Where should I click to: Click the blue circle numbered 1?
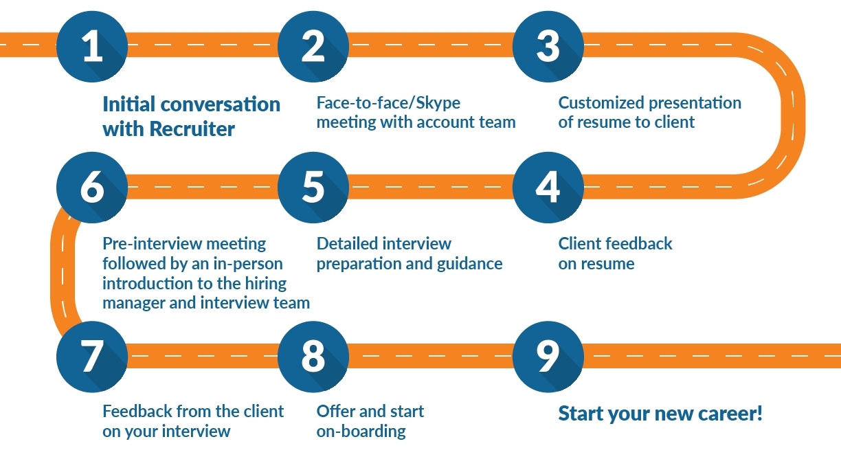[x=91, y=47]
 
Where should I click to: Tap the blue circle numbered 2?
[x=313, y=47]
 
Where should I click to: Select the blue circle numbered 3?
[x=548, y=47]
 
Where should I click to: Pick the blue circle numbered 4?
[x=548, y=188]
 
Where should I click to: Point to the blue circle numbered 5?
[x=313, y=188]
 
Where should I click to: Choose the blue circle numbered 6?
[x=91, y=188]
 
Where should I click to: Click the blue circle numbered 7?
[x=91, y=357]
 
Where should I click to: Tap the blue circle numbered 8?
[x=313, y=357]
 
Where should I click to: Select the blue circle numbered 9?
[x=548, y=357]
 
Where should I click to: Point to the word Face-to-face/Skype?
[x=388, y=103]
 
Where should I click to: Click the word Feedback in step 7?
[x=137, y=412]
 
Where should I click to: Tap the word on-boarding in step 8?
[x=361, y=432]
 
